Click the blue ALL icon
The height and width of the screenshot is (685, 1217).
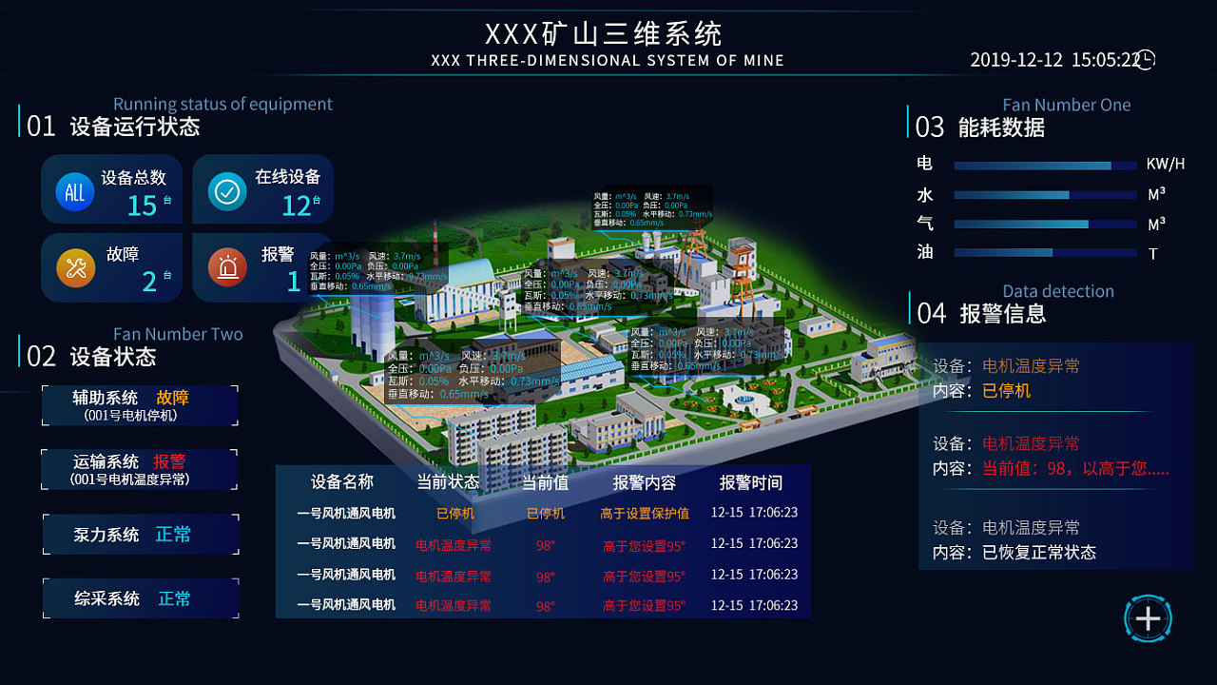pyautogui.click(x=74, y=191)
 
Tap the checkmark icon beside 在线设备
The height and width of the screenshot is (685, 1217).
pyautogui.click(x=227, y=191)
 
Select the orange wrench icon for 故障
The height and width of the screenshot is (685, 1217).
pyautogui.click(x=76, y=268)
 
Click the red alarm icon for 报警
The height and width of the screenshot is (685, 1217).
pyautogui.click(x=227, y=268)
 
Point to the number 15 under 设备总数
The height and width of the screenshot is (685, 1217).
pyautogui.click(x=142, y=205)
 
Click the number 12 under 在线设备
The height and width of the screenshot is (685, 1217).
pyautogui.click(x=297, y=205)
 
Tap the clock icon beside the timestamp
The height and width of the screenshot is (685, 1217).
pyautogui.click(x=1147, y=60)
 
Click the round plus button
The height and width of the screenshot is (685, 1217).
pyautogui.click(x=1148, y=618)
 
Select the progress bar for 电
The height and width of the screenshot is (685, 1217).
pyautogui.click(x=1045, y=166)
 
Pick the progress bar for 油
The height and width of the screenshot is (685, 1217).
pyautogui.click(x=1045, y=253)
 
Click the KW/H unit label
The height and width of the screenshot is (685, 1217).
pyautogui.click(x=1166, y=165)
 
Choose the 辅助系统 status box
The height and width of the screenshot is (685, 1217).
pyautogui.click(x=140, y=405)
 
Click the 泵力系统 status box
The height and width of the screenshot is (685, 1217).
pyautogui.click(x=140, y=535)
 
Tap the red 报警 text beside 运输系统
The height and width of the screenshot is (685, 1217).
pyautogui.click(x=169, y=462)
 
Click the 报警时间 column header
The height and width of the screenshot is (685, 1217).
pyautogui.click(x=751, y=482)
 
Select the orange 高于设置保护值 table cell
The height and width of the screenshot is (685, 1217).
pyautogui.click(x=645, y=514)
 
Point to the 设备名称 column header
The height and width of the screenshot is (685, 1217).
pyautogui.click(x=342, y=482)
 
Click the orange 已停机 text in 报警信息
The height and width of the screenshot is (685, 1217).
pyautogui.click(x=1006, y=391)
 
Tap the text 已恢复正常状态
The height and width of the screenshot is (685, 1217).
pyautogui.click(x=1039, y=553)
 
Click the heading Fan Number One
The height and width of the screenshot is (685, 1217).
pyautogui.click(x=1067, y=106)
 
